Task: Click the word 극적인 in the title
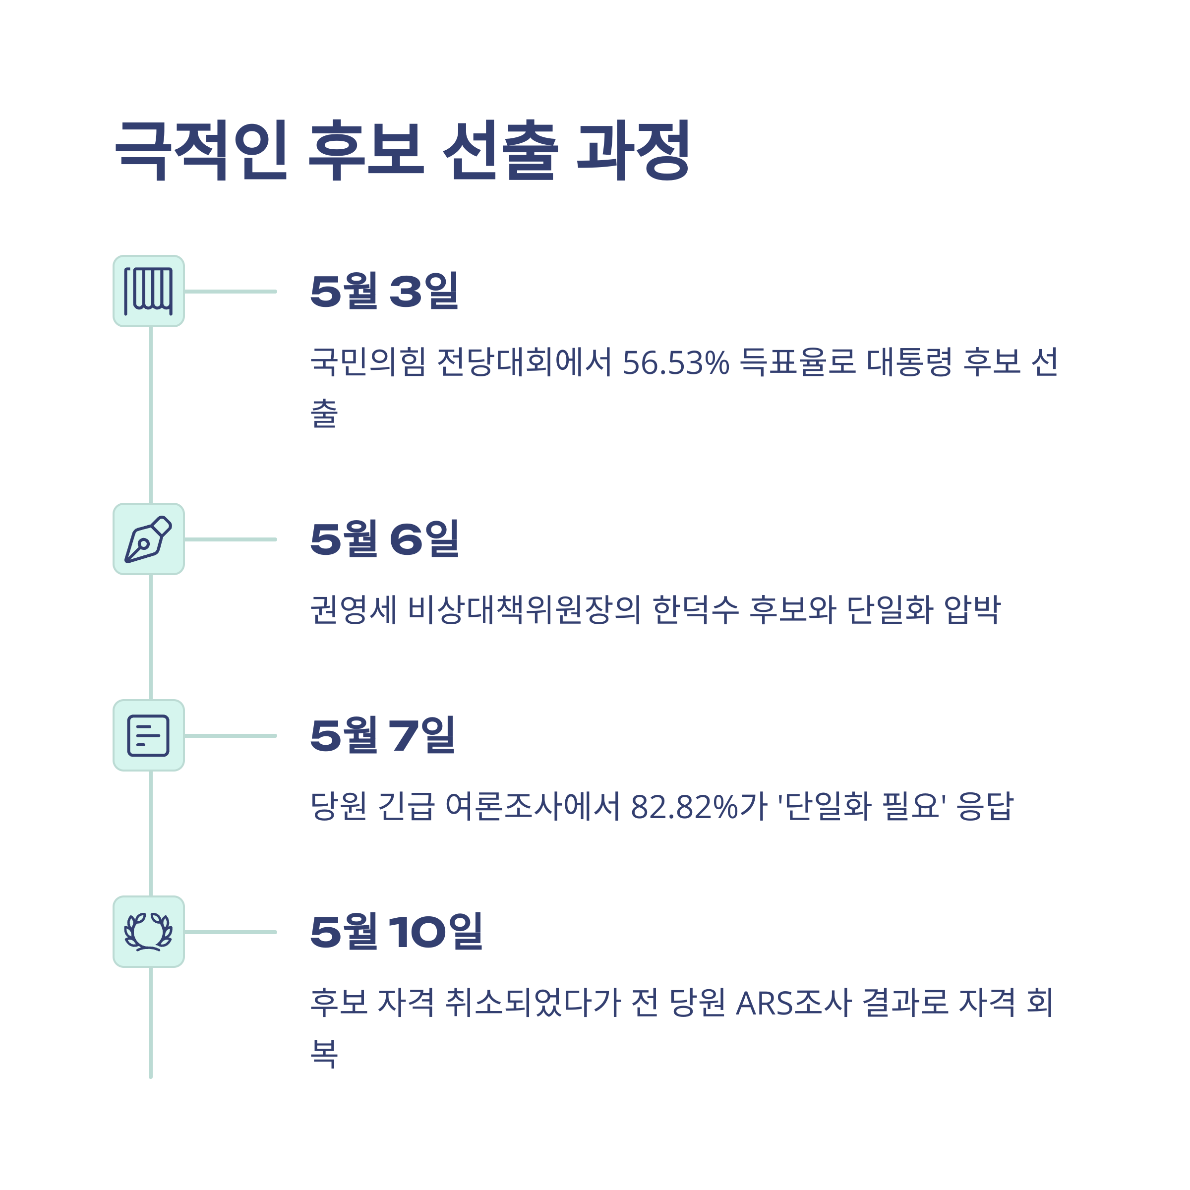coord(201,150)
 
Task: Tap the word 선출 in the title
coord(499,150)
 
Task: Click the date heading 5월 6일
coord(384,539)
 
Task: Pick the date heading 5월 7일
coord(382,735)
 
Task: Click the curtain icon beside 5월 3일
coord(148,292)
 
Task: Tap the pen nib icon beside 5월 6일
coord(148,539)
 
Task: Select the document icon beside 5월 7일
coord(148,735)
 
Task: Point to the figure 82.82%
coord(684,807)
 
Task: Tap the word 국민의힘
coord(368,362)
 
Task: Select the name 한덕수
coord(695,610)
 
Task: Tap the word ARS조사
coord(794,1003)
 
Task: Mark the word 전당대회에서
coord(524,362)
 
